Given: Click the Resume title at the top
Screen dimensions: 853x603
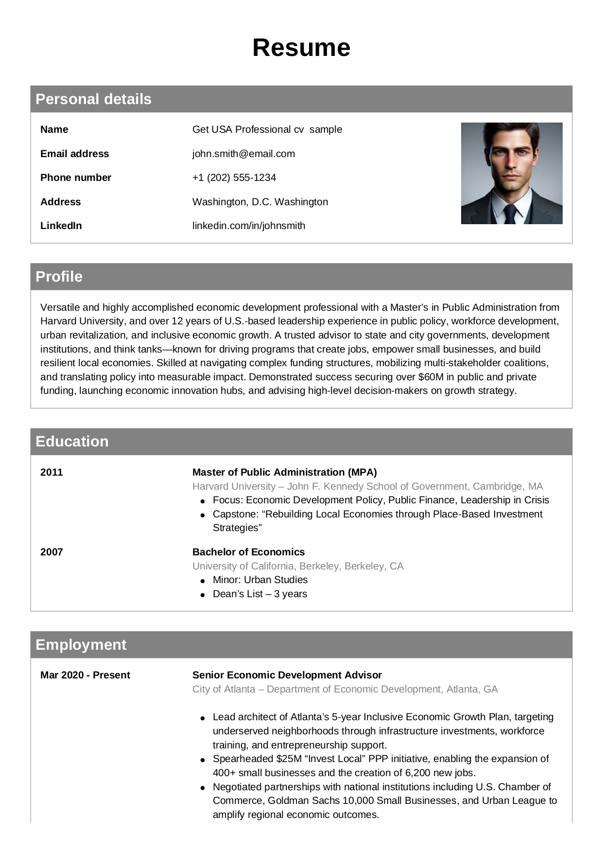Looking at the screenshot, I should point(301,48).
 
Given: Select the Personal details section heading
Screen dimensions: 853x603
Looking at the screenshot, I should point(93,99).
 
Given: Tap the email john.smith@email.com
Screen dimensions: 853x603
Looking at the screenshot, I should point(243,154).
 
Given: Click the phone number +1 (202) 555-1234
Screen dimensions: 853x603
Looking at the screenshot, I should point(234,178).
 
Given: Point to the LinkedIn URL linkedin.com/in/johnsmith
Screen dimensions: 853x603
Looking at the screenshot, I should point(249,226).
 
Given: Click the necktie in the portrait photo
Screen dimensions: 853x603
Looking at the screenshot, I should point(510,214).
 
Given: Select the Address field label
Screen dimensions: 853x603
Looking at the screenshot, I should point(60,202).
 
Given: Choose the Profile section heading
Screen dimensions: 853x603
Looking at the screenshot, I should point(59,277).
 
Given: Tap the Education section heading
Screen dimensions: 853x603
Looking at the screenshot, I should point(72,442).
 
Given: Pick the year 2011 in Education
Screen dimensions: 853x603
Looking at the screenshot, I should point(52,472).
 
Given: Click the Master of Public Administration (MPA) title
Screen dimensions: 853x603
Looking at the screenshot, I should point(284,472).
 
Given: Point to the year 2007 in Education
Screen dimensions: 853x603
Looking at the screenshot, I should point(52,552).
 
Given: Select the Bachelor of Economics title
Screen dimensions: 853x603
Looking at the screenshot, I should point(248,552).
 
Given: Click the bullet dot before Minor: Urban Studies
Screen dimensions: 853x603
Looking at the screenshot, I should point(203,581).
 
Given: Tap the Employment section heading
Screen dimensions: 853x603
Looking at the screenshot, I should point(81,645).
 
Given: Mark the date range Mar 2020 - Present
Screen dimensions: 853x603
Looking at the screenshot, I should point(85,675).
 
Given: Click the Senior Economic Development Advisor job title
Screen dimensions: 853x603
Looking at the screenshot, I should point(287,675).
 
